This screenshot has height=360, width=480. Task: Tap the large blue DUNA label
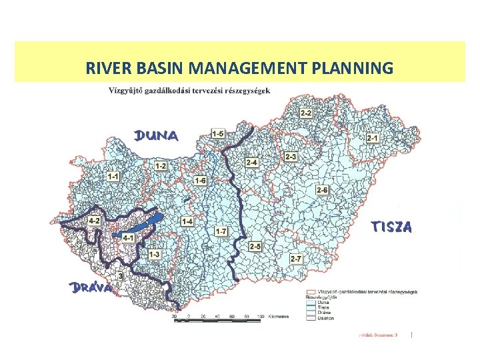point(157,136)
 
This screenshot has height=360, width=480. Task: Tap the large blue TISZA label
point(391,227)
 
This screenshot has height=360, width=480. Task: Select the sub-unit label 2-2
point(306,114)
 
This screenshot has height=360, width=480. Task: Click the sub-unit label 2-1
point(372,137)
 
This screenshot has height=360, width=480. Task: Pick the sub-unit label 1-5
point(217,134)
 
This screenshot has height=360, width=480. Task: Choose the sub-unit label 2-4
point(252,163)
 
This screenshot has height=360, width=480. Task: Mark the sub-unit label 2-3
point(291,157)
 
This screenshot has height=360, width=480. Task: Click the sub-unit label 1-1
point(113,176)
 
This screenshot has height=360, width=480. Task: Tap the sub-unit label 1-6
point(200,180)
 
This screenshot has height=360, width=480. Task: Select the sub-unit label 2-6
point(323,191)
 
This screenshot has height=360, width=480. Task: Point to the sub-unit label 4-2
point(94,220)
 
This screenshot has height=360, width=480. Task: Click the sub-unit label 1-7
point(221,231)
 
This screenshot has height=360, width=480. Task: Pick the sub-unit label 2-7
point(296,258)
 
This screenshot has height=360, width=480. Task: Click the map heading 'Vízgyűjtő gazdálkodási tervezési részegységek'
point(189,91)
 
